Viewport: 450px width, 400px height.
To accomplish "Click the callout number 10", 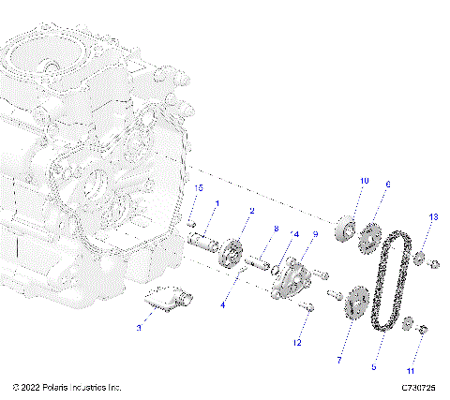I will click(365, 180).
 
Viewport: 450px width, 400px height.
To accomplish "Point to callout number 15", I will click(199, 188).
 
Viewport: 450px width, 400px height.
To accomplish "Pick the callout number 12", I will click(296, 343).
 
